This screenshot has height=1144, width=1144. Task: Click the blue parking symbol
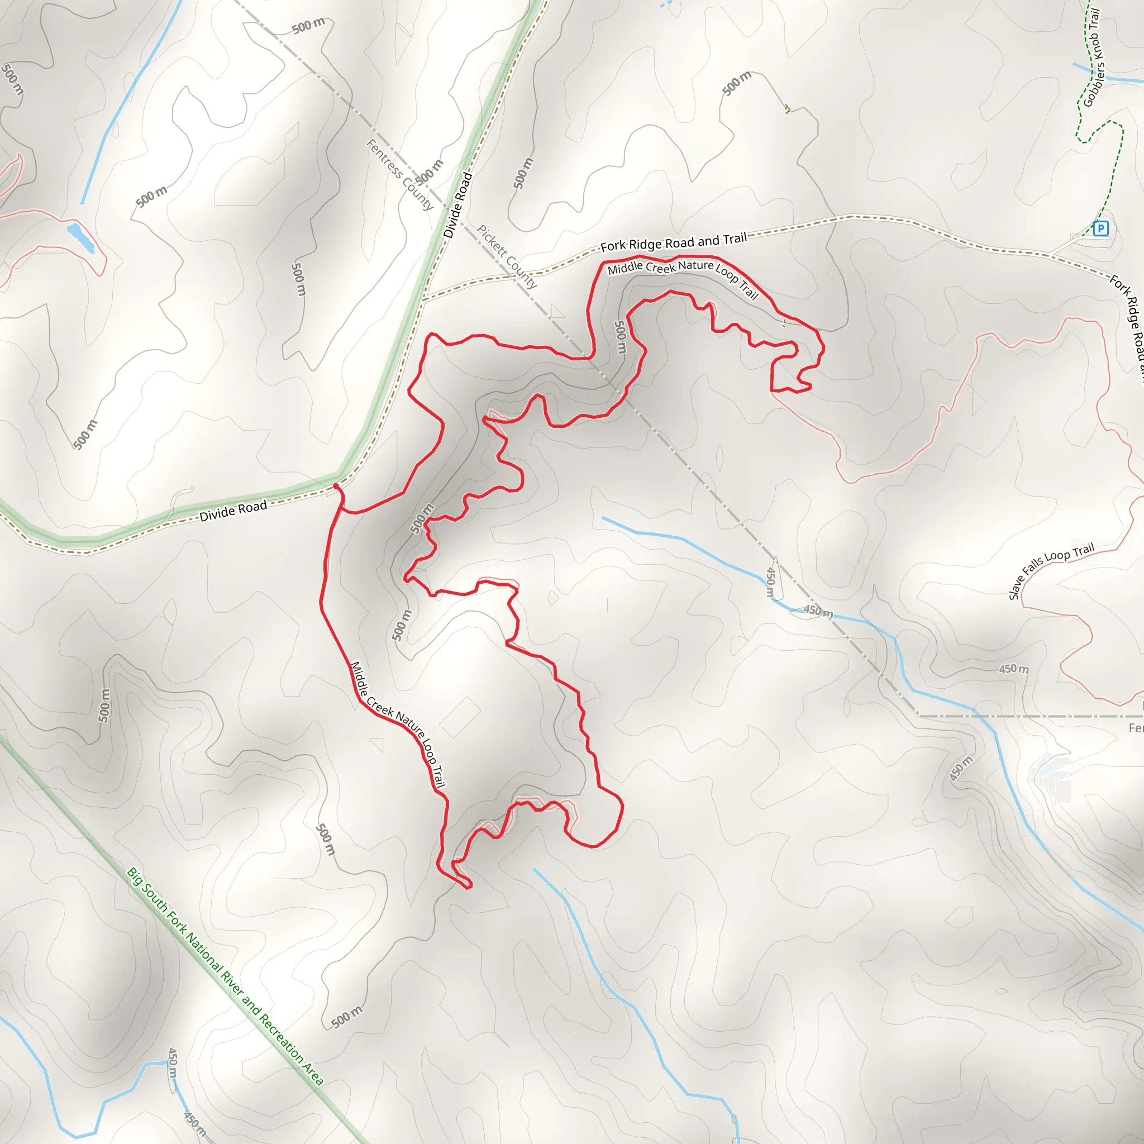point(1100,228)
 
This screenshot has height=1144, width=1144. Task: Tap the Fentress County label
point(400,174)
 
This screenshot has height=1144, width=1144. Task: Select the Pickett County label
point(507,256)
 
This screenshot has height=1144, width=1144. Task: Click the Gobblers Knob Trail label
point(1093,58)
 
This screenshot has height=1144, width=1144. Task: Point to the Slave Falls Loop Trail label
point(1051,570)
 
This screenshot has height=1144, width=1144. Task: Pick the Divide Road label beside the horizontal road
point(233,511)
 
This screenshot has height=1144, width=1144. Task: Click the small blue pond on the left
point(80,237)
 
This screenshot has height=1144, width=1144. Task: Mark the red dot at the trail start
point(336,486)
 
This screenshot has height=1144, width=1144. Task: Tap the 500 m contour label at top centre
point(308,26)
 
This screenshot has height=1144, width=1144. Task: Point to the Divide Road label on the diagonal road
point(457,205)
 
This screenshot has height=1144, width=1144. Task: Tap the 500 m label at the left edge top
point(12,79)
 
